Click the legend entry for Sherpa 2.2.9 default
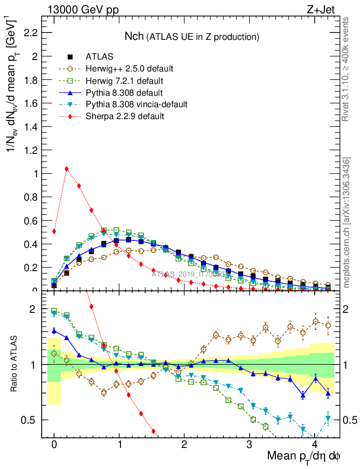tap(125, 116)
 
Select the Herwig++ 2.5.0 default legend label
tap(129, 69)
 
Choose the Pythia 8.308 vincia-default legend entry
tap(136, 104)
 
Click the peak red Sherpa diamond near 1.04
tap(67, 169)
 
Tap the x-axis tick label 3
tap(249, 444)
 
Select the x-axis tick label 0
tap(54, 444)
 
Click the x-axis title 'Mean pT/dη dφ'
tap(304, 457)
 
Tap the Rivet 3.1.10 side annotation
tap(346, 69)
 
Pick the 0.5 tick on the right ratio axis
tap(350, 420)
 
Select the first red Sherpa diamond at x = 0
tap(54, 231)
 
